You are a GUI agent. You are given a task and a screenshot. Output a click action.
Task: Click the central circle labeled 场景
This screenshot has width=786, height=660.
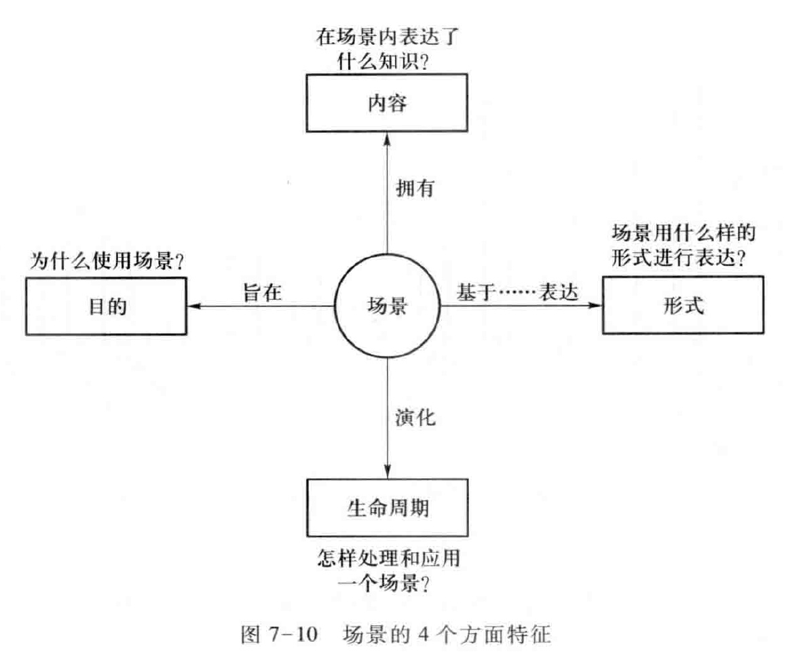coord(387,307)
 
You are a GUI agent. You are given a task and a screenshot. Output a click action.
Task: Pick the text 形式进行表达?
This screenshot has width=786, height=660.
coord(681,260)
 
